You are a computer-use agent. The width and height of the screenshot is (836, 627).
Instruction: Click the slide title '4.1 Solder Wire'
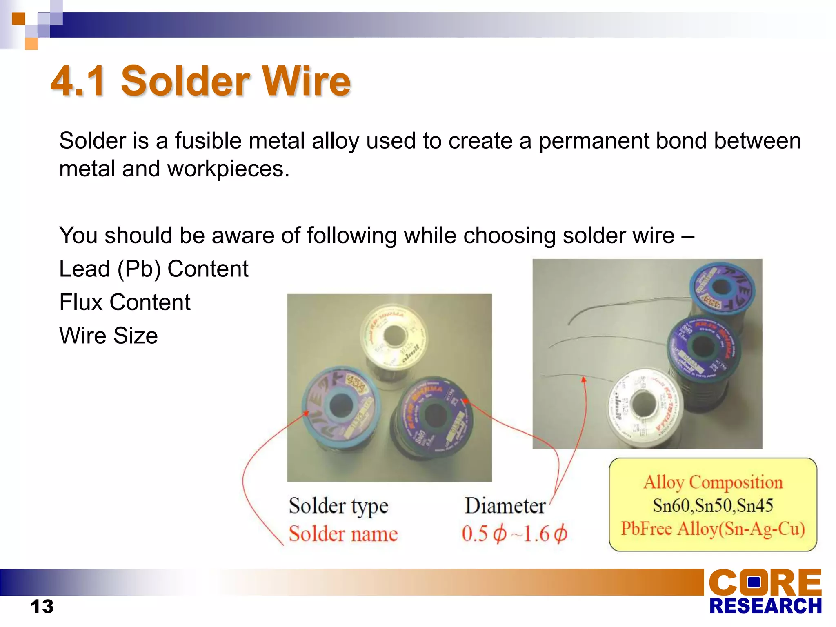pyautogui.click(x=200, y=81)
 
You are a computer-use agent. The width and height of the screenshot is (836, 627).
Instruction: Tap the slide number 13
pyautogui.click(x=42, y=606)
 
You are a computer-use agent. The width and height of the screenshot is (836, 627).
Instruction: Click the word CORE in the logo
pyautogui.click(x=765, y=583)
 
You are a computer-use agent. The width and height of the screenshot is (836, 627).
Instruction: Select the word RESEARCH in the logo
pyautogui.click(x=765, y=606)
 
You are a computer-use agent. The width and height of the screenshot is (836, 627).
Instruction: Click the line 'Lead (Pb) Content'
pyautogui.click(x=153, y=269)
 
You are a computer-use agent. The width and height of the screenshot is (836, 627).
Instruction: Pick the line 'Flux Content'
pyautogui.click(x=125, y=302)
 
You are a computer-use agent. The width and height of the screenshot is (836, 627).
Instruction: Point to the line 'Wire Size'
pyautogui.click(x=108, y=336)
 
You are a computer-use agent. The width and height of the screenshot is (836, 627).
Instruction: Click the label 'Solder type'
pyautogui.click(x=338, y=506)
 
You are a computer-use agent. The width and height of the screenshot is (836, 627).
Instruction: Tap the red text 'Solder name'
pyautogui.click(x=343, y=534)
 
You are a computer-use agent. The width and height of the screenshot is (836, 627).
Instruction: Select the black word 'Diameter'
pyautogui.click(x=505, y=506)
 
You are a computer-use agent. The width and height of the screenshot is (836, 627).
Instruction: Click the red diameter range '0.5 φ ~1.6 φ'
pyautogui.click(x=514, y=534)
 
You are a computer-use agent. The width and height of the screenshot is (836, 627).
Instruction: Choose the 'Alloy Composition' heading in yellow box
pyautogui.click(x=713, y=482)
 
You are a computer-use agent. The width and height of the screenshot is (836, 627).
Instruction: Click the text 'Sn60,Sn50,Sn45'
pyautogui.click(x=713, y=505)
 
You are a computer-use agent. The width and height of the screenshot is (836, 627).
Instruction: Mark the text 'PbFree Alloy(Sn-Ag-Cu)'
pyautogui.click(x=713, y=529)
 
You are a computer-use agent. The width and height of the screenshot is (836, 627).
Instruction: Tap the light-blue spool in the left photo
pyautogui.click(x=341, y=406)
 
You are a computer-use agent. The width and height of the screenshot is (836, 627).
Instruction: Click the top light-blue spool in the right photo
pyautogui.click(x=722, y=288)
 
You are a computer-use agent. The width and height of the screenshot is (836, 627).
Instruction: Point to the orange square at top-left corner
pyautogui.click(x=18, y=18)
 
